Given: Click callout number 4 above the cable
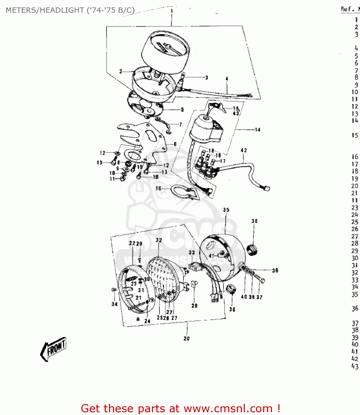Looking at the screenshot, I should (227, 79).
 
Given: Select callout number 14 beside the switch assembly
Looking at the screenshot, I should (258, 129).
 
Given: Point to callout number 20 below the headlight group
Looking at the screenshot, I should (187, 338).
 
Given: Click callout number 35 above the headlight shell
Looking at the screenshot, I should (226, 210).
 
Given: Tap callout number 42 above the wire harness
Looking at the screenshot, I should (244, 151).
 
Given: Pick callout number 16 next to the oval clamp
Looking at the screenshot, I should (158, 188).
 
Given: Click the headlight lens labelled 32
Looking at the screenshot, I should (163, 277).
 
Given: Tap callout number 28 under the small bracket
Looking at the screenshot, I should (195, 305).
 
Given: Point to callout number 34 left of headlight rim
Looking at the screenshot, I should (115, 304).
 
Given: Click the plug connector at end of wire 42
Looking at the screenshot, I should (266, 188).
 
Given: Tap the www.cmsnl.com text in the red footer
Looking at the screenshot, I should (228, 408).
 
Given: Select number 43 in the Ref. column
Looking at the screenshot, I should (355, 366).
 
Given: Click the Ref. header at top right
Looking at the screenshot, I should (346, 9).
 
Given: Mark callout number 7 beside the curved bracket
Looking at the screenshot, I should (180, 124).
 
